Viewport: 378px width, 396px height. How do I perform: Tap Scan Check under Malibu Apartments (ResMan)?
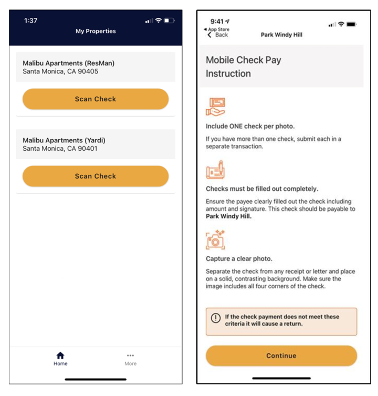[96, 99]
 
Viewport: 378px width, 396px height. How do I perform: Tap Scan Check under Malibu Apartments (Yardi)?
[96, 176]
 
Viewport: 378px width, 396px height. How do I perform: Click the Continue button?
[281, 356]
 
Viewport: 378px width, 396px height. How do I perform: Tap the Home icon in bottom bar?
[60, 356]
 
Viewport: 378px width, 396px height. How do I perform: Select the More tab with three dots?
[130, 356]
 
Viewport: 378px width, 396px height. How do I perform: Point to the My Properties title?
[96, 31]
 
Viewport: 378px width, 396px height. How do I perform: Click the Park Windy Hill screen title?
[281, 35]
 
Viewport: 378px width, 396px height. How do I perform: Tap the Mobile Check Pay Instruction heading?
[243, 67]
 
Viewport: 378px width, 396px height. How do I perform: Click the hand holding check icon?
[215, 107]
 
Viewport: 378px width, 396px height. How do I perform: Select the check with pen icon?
[215, 170]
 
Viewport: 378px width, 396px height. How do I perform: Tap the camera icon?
[215, 239]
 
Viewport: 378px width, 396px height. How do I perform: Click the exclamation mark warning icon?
[215, 318]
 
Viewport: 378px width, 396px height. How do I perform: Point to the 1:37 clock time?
[31, 20]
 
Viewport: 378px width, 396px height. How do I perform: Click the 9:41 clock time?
[217, 22]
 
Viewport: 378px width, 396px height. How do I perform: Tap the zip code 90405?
[87, 71]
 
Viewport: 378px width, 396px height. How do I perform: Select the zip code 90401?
[87, 149]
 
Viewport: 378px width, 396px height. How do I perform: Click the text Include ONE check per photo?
[250, 126]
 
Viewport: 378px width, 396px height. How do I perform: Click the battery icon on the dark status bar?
[169, 20]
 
